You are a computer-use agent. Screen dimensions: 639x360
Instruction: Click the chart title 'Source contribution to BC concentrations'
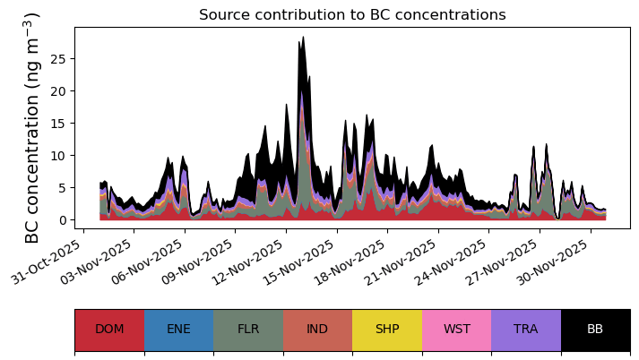coord(352,14)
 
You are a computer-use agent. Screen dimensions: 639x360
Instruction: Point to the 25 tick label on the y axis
coord(57,58)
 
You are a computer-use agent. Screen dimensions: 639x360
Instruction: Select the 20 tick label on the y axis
coord(57,90)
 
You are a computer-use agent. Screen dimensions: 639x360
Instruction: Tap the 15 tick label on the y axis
coord(57,123)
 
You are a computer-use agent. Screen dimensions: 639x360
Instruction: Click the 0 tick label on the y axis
coord(61,220)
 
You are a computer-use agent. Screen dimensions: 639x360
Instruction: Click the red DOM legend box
coord(109,330)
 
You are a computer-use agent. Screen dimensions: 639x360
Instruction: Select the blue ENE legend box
coord(179,330)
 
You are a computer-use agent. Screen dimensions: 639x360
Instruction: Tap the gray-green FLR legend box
coord(248,330)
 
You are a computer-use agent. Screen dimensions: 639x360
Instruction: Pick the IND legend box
coord(317,330)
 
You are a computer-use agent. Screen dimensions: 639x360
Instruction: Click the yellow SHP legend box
coord(387,330)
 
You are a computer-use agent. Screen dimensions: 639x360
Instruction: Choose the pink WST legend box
coord(457,330)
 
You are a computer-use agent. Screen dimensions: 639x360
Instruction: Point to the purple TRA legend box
coord(526,330)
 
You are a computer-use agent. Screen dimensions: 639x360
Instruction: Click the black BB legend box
coord(596,330)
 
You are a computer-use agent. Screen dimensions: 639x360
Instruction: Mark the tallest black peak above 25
coord(303,37)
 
